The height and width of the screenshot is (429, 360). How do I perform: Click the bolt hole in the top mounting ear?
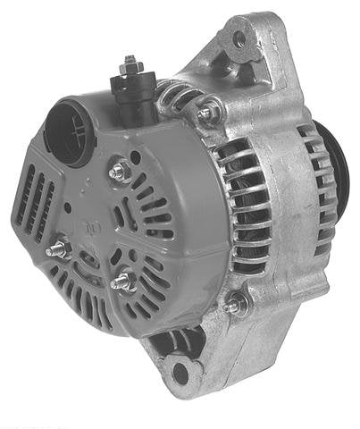(x=239, y=40)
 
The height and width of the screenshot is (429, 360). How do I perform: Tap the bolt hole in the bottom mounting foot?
(x=180, y=371)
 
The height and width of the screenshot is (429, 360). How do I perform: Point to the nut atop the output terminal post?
(x=130, y=63)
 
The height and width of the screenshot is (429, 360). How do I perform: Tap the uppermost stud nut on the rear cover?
(x=118, y=171)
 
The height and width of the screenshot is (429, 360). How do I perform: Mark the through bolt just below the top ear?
(x=208, y=113)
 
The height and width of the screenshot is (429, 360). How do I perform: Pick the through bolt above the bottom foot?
(x=236, y=303)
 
